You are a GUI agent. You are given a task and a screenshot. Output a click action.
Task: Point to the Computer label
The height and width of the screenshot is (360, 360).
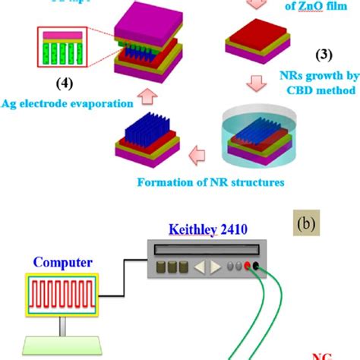pyautogui.click(x=63, y=262)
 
